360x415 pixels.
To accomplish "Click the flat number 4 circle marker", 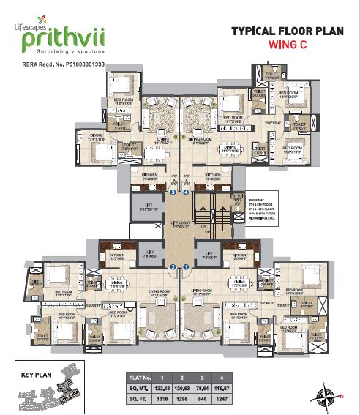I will [x=187, y=192].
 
